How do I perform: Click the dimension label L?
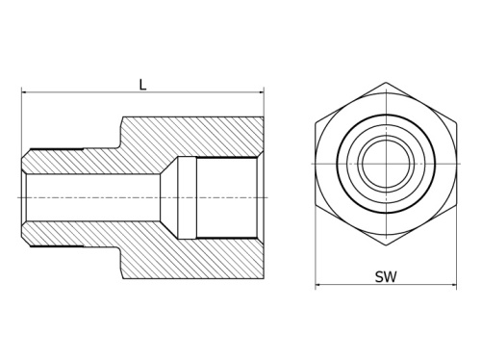coord(142,85)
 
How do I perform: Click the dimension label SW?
coord(386,276)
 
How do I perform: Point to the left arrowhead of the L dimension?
coord(24,93)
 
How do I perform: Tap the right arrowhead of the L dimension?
coord(260,93)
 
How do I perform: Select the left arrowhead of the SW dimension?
coord(319,285)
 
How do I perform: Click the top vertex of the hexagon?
coord(386,83)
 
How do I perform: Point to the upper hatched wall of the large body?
coord(192,136)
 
